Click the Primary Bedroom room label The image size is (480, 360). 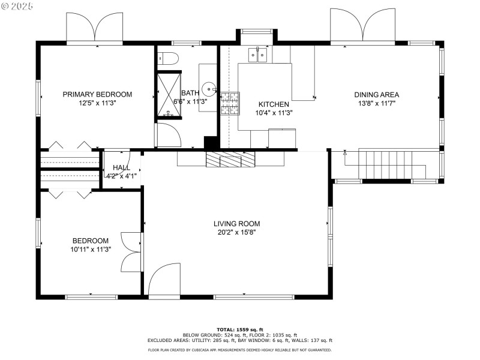pos(97,94)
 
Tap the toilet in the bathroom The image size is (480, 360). pos(168,58)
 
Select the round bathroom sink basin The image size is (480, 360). pos(209,89)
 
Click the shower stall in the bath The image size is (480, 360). pos(169,95)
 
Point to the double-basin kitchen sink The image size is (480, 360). pos(258,55)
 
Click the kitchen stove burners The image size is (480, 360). pos(230,103)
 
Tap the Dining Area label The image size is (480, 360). pos(377,95)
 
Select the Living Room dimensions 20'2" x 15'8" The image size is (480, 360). pos(236,232)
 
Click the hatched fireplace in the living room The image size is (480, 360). pos(230,159)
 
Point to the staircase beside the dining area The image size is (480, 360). pos(392,164)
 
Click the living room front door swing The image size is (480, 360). pos(164,279)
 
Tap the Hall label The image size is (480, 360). pos(122,167)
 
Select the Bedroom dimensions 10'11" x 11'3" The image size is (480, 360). pos(91,250)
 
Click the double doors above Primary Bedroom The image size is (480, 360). pos(95,27)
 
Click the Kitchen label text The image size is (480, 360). pos(274,104)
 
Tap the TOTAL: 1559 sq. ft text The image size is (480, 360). pos(240,329)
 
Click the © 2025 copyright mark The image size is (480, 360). pos(17,6)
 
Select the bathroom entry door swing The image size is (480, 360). pos(169,135)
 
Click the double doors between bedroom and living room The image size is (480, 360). pos(131,252)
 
